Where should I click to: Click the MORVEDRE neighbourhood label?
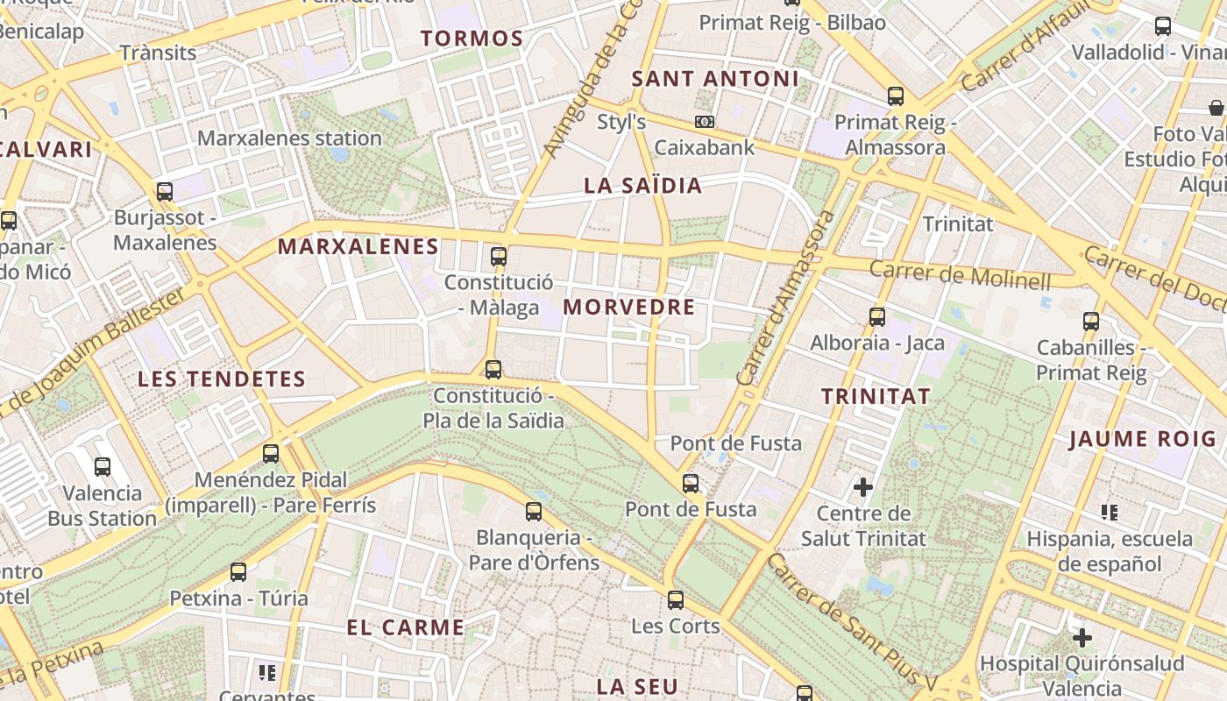pos(628,308)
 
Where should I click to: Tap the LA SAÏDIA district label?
pos(642,186)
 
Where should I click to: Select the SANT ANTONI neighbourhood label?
pos(715,79)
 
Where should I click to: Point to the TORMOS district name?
pos(472,39)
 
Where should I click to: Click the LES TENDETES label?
pos(222,379)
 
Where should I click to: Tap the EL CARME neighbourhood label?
pos(405,627)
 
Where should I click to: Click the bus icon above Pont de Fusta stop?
pos(691,483)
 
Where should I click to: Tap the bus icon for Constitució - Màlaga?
pos(499,256)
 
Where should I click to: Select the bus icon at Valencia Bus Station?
pos(103,466)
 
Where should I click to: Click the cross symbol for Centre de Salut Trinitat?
pos(863,486)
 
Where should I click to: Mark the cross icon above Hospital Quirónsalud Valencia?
pos(1082,637)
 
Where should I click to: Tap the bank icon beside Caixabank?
pos(704,122)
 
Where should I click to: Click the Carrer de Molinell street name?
pos(960,275)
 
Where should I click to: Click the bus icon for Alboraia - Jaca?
pos(877,316)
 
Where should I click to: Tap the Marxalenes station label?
pos(289,138)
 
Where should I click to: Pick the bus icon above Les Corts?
pos(675,599)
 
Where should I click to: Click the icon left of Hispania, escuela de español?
pos(1110,512)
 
